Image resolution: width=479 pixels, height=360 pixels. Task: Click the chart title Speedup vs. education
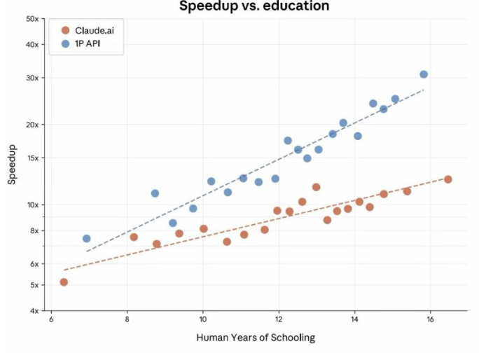253,6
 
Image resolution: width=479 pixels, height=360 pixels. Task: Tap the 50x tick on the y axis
32,18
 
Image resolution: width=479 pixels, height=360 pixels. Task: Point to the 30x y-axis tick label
32,78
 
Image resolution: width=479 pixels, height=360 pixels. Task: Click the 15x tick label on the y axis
32,158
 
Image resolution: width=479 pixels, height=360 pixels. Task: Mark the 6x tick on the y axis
34,264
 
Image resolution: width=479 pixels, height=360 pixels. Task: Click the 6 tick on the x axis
51,319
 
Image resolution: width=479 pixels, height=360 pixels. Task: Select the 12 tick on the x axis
279,319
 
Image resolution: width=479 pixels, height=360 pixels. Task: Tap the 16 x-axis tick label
430,319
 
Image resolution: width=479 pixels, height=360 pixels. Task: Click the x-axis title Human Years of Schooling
256,338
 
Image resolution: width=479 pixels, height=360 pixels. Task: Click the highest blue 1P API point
424,74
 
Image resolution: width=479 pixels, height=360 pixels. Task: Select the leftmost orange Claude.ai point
64,282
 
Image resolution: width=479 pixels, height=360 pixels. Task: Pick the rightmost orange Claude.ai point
448,179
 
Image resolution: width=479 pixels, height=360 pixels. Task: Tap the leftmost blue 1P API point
86,239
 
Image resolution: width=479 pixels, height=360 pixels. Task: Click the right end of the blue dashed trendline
424,90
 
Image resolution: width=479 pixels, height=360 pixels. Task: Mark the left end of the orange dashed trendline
64,270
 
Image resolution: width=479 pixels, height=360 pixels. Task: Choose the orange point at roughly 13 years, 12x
317,187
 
